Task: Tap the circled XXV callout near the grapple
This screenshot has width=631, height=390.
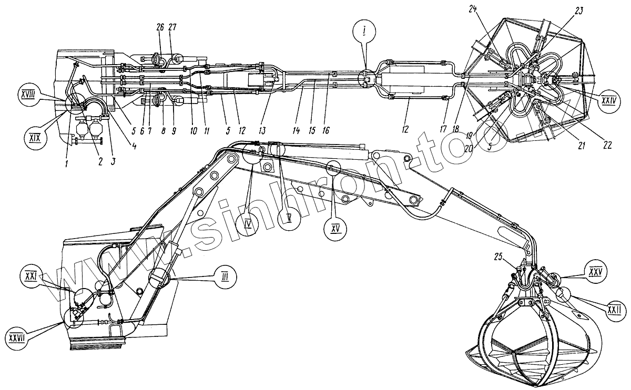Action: pos(595,272)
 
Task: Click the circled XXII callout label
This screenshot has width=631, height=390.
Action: pos(613,311)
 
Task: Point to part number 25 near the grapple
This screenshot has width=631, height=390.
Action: pos(500,256)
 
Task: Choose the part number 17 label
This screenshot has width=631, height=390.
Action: pos(443,128)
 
